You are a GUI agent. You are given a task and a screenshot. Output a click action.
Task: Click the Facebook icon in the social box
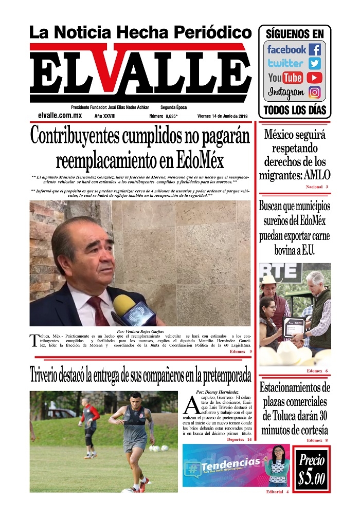click(x=315, y=49)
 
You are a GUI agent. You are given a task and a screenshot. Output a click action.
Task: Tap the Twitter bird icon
click(x=315, y=64)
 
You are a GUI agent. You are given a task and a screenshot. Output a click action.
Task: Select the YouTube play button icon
click(x=315, y=78)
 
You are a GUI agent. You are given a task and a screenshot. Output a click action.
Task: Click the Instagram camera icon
click(x=315, y=92)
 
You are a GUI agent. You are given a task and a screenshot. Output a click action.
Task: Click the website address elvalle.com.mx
click(x=60, y=116)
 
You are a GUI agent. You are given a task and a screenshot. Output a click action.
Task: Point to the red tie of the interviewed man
click(x=98, y=311)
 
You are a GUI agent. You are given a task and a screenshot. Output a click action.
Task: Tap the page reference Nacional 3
click(x=317, y=187)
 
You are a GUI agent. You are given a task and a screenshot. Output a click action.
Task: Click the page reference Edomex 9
click(x=240, y=352)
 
